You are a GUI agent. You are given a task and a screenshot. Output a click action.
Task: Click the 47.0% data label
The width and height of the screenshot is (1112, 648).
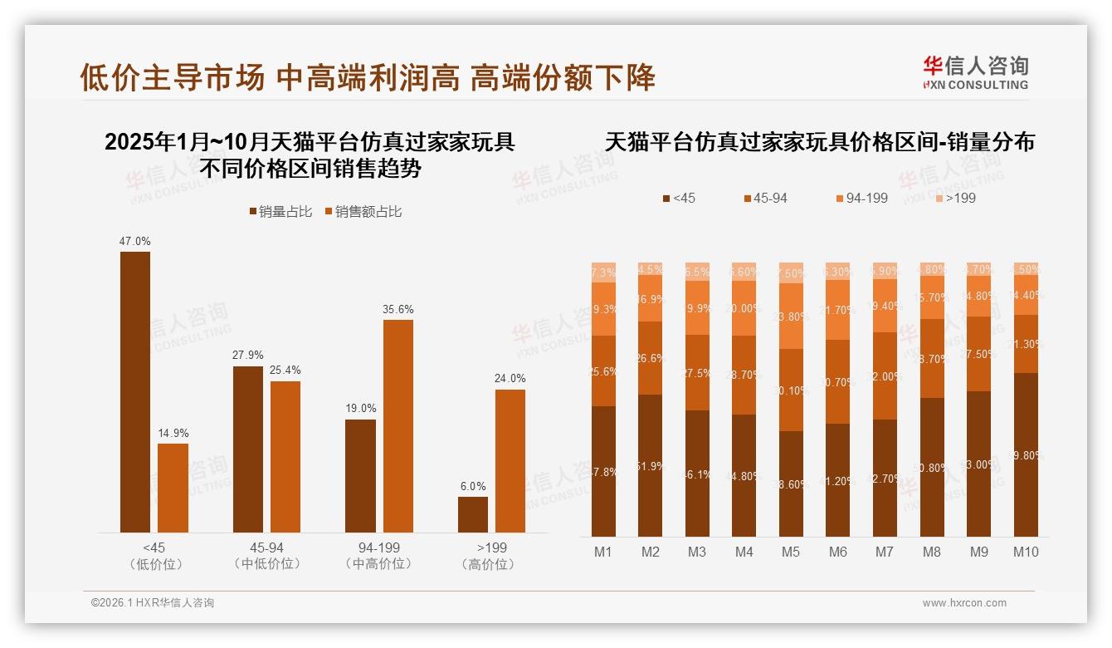[135, 242]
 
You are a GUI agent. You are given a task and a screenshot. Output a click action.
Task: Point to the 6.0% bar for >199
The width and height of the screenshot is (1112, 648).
[473, 515]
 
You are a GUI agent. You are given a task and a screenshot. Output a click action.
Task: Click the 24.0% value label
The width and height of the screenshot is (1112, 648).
[510, 379]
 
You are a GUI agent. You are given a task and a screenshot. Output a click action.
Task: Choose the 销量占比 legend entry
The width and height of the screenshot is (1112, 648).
[280, 212]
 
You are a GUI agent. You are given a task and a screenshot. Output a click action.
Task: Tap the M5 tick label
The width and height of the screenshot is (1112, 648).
[791, 552]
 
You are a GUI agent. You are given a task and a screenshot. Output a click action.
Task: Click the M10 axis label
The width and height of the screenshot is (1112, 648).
[1027, 552]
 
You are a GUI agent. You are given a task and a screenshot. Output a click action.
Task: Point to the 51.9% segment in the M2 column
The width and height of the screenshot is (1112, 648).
[650, 465]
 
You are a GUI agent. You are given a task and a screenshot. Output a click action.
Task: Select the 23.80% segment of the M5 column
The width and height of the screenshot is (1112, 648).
[792, 317]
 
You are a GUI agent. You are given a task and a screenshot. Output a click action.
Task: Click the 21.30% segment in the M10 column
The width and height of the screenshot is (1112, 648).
[1026, 344]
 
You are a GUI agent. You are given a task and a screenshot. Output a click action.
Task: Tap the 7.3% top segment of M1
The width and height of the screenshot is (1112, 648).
[603, 272]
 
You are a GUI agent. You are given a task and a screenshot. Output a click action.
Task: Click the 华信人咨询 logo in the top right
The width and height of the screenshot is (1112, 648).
[975, 72]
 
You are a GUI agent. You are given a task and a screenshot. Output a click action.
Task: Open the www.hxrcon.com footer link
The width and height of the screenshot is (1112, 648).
[964, 603]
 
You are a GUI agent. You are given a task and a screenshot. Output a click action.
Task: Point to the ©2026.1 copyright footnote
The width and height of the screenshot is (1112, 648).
[153, 603]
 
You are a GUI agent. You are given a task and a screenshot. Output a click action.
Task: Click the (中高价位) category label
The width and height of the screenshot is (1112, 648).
[378, 564]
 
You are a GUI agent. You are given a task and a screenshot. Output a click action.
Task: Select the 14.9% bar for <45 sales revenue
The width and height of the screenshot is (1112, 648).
[173, 488]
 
